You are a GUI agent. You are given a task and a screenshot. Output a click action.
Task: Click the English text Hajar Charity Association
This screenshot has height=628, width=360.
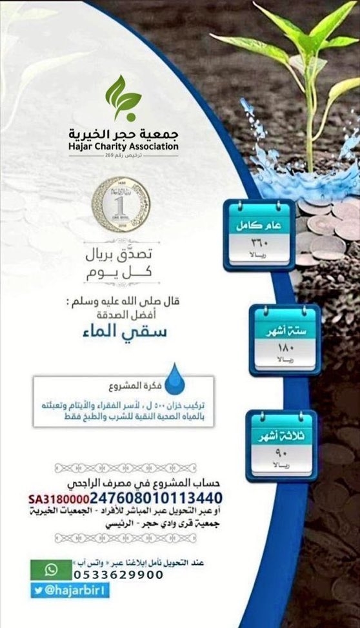coord(123,146)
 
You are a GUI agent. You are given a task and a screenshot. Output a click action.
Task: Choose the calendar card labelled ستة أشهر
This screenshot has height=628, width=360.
coord(285,338)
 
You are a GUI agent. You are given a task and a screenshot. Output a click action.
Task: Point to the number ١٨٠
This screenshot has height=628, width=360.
coord(285,348)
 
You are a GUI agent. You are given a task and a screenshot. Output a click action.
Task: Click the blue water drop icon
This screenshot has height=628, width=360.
coord(174,378)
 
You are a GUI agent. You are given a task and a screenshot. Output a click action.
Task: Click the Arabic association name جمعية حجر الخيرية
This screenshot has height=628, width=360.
coord(123,133)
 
